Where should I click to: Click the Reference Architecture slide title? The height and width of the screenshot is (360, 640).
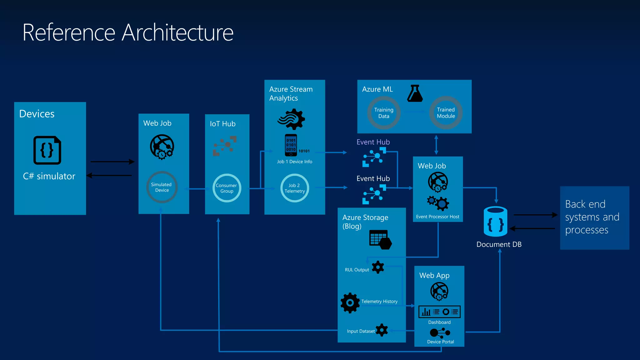[128, 32]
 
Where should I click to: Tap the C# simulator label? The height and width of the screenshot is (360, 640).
[49, 176]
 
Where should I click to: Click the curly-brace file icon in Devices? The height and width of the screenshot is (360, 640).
[47, 150]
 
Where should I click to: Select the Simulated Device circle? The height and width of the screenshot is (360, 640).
[162, 187]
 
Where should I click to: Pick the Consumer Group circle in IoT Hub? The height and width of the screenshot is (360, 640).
[227, 188]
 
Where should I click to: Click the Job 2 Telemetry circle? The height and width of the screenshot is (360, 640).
[294, 188]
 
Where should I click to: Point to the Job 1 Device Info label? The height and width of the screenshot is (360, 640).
[294, 162]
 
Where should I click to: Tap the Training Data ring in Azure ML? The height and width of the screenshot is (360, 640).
[384, 113]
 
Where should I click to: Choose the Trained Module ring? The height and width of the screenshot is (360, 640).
[446, 113]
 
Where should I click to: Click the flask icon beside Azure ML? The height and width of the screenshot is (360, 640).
[415, 93]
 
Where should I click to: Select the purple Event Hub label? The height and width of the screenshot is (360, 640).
[373, 142]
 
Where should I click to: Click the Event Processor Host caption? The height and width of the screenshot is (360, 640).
[437, 217]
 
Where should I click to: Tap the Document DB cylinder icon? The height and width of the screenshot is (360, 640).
[495, 222]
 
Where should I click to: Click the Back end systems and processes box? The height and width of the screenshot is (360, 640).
[594, 218]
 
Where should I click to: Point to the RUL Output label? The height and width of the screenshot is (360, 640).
[357, 270]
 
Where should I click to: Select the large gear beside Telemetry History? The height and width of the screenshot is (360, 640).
[350, 303]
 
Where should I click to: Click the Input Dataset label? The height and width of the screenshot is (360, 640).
[361, 331]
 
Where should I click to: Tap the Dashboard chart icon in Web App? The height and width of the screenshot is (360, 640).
[439, 312]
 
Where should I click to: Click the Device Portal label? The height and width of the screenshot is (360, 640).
[440, 342]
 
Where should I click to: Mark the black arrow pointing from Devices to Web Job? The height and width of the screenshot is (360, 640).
[112, 162]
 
